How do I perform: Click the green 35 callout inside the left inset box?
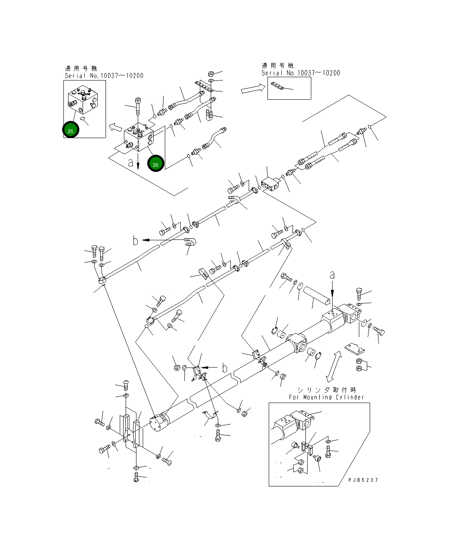71,130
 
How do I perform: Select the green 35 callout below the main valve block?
156,164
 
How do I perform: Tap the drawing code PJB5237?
363,480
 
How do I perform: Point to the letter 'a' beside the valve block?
131,163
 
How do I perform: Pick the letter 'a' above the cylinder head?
332,275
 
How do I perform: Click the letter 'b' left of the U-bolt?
136,240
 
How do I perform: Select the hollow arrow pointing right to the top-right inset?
253,88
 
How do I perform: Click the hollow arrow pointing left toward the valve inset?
115,127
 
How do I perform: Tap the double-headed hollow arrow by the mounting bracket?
334,366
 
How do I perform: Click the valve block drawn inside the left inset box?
83,99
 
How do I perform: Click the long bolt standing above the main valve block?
138,106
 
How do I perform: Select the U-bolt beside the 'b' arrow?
190,242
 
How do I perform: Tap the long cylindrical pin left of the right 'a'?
316,295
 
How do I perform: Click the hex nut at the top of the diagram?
211,74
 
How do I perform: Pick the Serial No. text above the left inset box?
104,76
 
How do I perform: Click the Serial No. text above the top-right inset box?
301,73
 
